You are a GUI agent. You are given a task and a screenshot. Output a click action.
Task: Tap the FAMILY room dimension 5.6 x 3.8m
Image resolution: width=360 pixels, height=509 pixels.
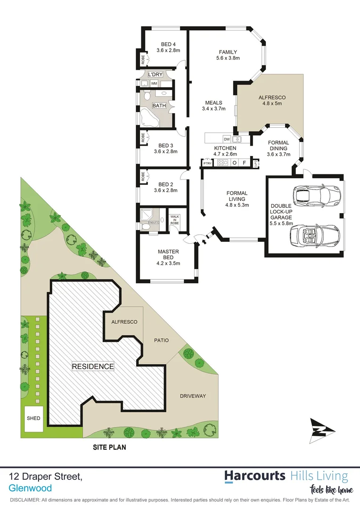tap(228, 58)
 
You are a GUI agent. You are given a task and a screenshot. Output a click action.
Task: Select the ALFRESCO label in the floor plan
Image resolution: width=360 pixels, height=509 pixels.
tap(272, 98)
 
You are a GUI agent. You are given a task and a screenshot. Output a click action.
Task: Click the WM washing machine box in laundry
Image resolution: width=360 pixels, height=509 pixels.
tap(154, 83)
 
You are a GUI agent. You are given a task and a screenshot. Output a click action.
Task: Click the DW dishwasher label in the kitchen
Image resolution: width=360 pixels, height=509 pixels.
tap(227, 139)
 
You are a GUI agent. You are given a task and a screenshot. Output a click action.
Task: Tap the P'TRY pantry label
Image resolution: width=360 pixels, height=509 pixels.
tap(207, 164)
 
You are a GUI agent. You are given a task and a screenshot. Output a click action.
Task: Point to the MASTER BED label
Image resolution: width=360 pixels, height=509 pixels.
tap(168, 254)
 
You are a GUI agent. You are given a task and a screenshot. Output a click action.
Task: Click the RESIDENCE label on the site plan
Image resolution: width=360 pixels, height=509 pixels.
tap(92, 366)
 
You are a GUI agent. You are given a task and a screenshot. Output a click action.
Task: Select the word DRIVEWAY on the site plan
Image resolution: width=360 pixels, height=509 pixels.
tap(193, 396)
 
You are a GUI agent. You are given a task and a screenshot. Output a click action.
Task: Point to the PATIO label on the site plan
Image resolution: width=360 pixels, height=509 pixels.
tap(161, 340)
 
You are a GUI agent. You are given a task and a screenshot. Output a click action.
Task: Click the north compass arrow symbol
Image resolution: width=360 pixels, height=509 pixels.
tap(322, 430)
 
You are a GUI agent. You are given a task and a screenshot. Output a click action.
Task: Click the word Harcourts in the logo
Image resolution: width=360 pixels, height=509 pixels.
tap(255, 476)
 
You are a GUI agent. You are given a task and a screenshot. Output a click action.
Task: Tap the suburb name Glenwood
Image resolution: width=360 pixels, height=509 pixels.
tap(30, 489)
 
